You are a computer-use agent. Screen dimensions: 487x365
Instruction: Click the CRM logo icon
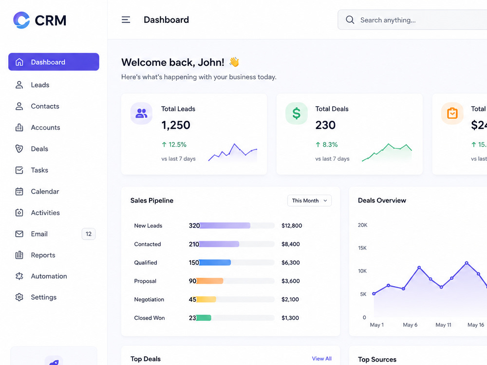pos(21,20)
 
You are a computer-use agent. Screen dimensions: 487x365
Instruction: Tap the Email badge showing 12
pos(89,234)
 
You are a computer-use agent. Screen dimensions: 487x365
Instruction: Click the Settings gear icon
pos(19,297)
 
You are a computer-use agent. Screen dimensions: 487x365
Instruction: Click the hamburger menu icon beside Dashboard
pos(126,20)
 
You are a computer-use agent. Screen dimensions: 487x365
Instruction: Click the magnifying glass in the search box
pos(350,20)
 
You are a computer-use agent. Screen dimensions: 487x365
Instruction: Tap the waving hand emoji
pos(234,62)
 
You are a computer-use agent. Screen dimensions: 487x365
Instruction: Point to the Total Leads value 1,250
pos(176,125)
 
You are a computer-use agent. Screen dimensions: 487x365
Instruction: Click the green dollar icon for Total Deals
pos(297,113)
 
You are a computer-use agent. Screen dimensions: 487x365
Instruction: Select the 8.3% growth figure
pos(326,145)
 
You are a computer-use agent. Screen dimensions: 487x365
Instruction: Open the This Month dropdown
pos(309,201)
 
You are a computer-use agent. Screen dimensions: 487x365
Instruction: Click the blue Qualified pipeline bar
pos(215,263)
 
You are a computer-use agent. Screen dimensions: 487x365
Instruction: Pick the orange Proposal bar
pos(209,281)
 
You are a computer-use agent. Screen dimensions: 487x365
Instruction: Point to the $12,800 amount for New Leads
pos(292,226)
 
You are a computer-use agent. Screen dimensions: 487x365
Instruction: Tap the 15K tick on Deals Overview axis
pos(362,248)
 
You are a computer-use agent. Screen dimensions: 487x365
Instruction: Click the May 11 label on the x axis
pos(443,325)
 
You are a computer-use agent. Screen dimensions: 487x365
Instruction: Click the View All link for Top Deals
pos(322,359)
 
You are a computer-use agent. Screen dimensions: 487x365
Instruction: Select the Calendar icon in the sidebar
pos(19,191)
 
